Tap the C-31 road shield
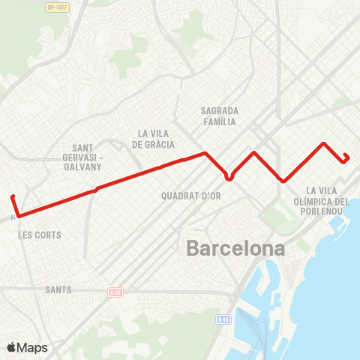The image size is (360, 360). [x=115, y=292]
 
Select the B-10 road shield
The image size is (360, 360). [x=222, y=319]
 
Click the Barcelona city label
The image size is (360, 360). [x=235, y=248]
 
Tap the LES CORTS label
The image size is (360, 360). [x=39, y=235]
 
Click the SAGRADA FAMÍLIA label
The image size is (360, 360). [x=219, y=115]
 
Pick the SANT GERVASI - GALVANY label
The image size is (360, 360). [x=88, y=157]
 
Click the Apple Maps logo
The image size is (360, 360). [x=27, y=347]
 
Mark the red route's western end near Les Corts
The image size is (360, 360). [x=13, y=197]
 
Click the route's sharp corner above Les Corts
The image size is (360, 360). [x=18, y=216]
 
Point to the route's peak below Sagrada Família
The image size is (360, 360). [x=255, y=153]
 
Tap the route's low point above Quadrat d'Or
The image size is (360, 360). [x=229, y=178]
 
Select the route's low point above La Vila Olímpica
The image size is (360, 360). [x=283, y=181]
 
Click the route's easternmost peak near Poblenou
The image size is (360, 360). [x=323, y=143]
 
